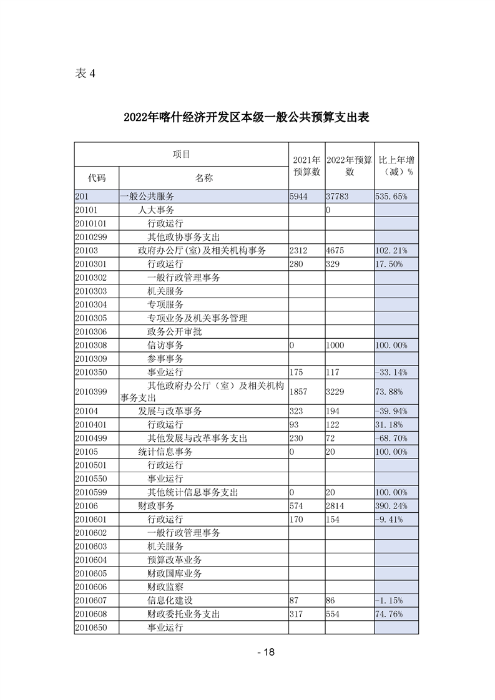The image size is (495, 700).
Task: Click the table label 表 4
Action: tap(85, 74)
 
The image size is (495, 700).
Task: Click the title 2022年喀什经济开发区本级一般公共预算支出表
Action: tap(247, 117)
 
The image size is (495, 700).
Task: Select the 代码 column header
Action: tap(97, 178)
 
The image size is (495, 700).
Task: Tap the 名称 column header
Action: tap(203, 178)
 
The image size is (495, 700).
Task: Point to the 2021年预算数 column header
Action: tap(306, 165)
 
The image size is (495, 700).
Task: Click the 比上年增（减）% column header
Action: tap(396, 165)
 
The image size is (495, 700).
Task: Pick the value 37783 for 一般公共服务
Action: tap(338, 197)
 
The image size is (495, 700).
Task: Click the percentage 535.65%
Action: tap(392, 197)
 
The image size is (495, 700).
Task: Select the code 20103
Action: tap(87, 251)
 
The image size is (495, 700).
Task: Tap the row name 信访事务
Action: tap(165, 345)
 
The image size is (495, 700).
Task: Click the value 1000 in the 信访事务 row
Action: tap(336, 345)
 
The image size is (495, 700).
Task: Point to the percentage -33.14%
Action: tap(391, 372)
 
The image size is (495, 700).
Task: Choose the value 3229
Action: tap(336, 391)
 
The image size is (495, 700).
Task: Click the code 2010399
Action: tap(91, 391)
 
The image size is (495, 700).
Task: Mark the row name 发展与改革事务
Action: tap(170, 411)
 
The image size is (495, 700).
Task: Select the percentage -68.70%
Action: tap(391, 439)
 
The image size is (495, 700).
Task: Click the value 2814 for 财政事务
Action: tap(336, 506)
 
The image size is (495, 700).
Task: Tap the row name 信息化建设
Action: tap(170, 600)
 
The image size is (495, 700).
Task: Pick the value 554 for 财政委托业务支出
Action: tap(333, 614)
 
